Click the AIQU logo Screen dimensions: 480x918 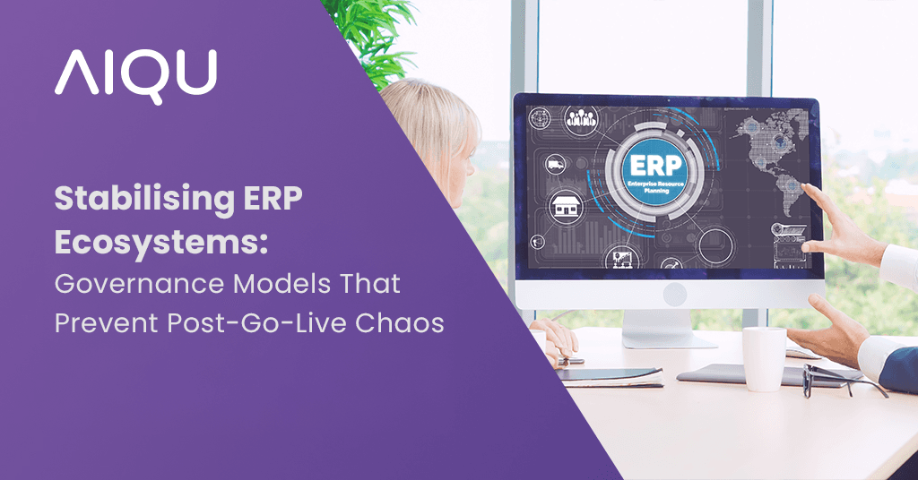pos(135,73)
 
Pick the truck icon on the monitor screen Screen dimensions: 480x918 pos(554,164)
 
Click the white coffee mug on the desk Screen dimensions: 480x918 pos(765,358)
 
